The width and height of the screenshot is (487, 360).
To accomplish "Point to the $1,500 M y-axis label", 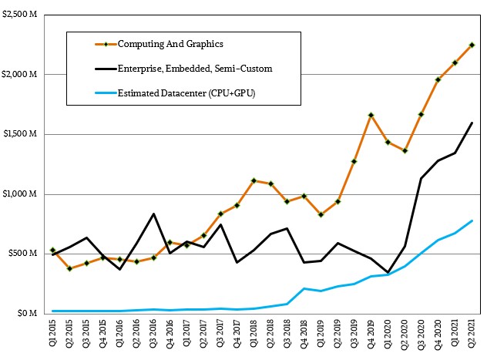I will (24, 134).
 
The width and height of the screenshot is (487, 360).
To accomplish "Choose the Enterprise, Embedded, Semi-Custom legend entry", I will (194, 69).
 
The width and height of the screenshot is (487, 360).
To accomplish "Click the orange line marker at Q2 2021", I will (472, 45).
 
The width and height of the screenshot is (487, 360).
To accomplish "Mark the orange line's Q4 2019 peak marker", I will (371, 115).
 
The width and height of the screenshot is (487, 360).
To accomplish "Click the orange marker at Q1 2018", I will (254, 180).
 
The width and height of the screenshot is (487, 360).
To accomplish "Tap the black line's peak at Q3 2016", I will (154, 214).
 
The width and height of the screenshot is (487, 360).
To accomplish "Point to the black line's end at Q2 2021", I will (472, 123).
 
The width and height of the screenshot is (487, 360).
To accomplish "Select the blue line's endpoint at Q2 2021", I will (472, 221).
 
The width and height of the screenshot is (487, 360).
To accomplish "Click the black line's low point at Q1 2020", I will (388, 273).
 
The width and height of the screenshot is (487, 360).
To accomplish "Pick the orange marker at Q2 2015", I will (70, 268).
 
